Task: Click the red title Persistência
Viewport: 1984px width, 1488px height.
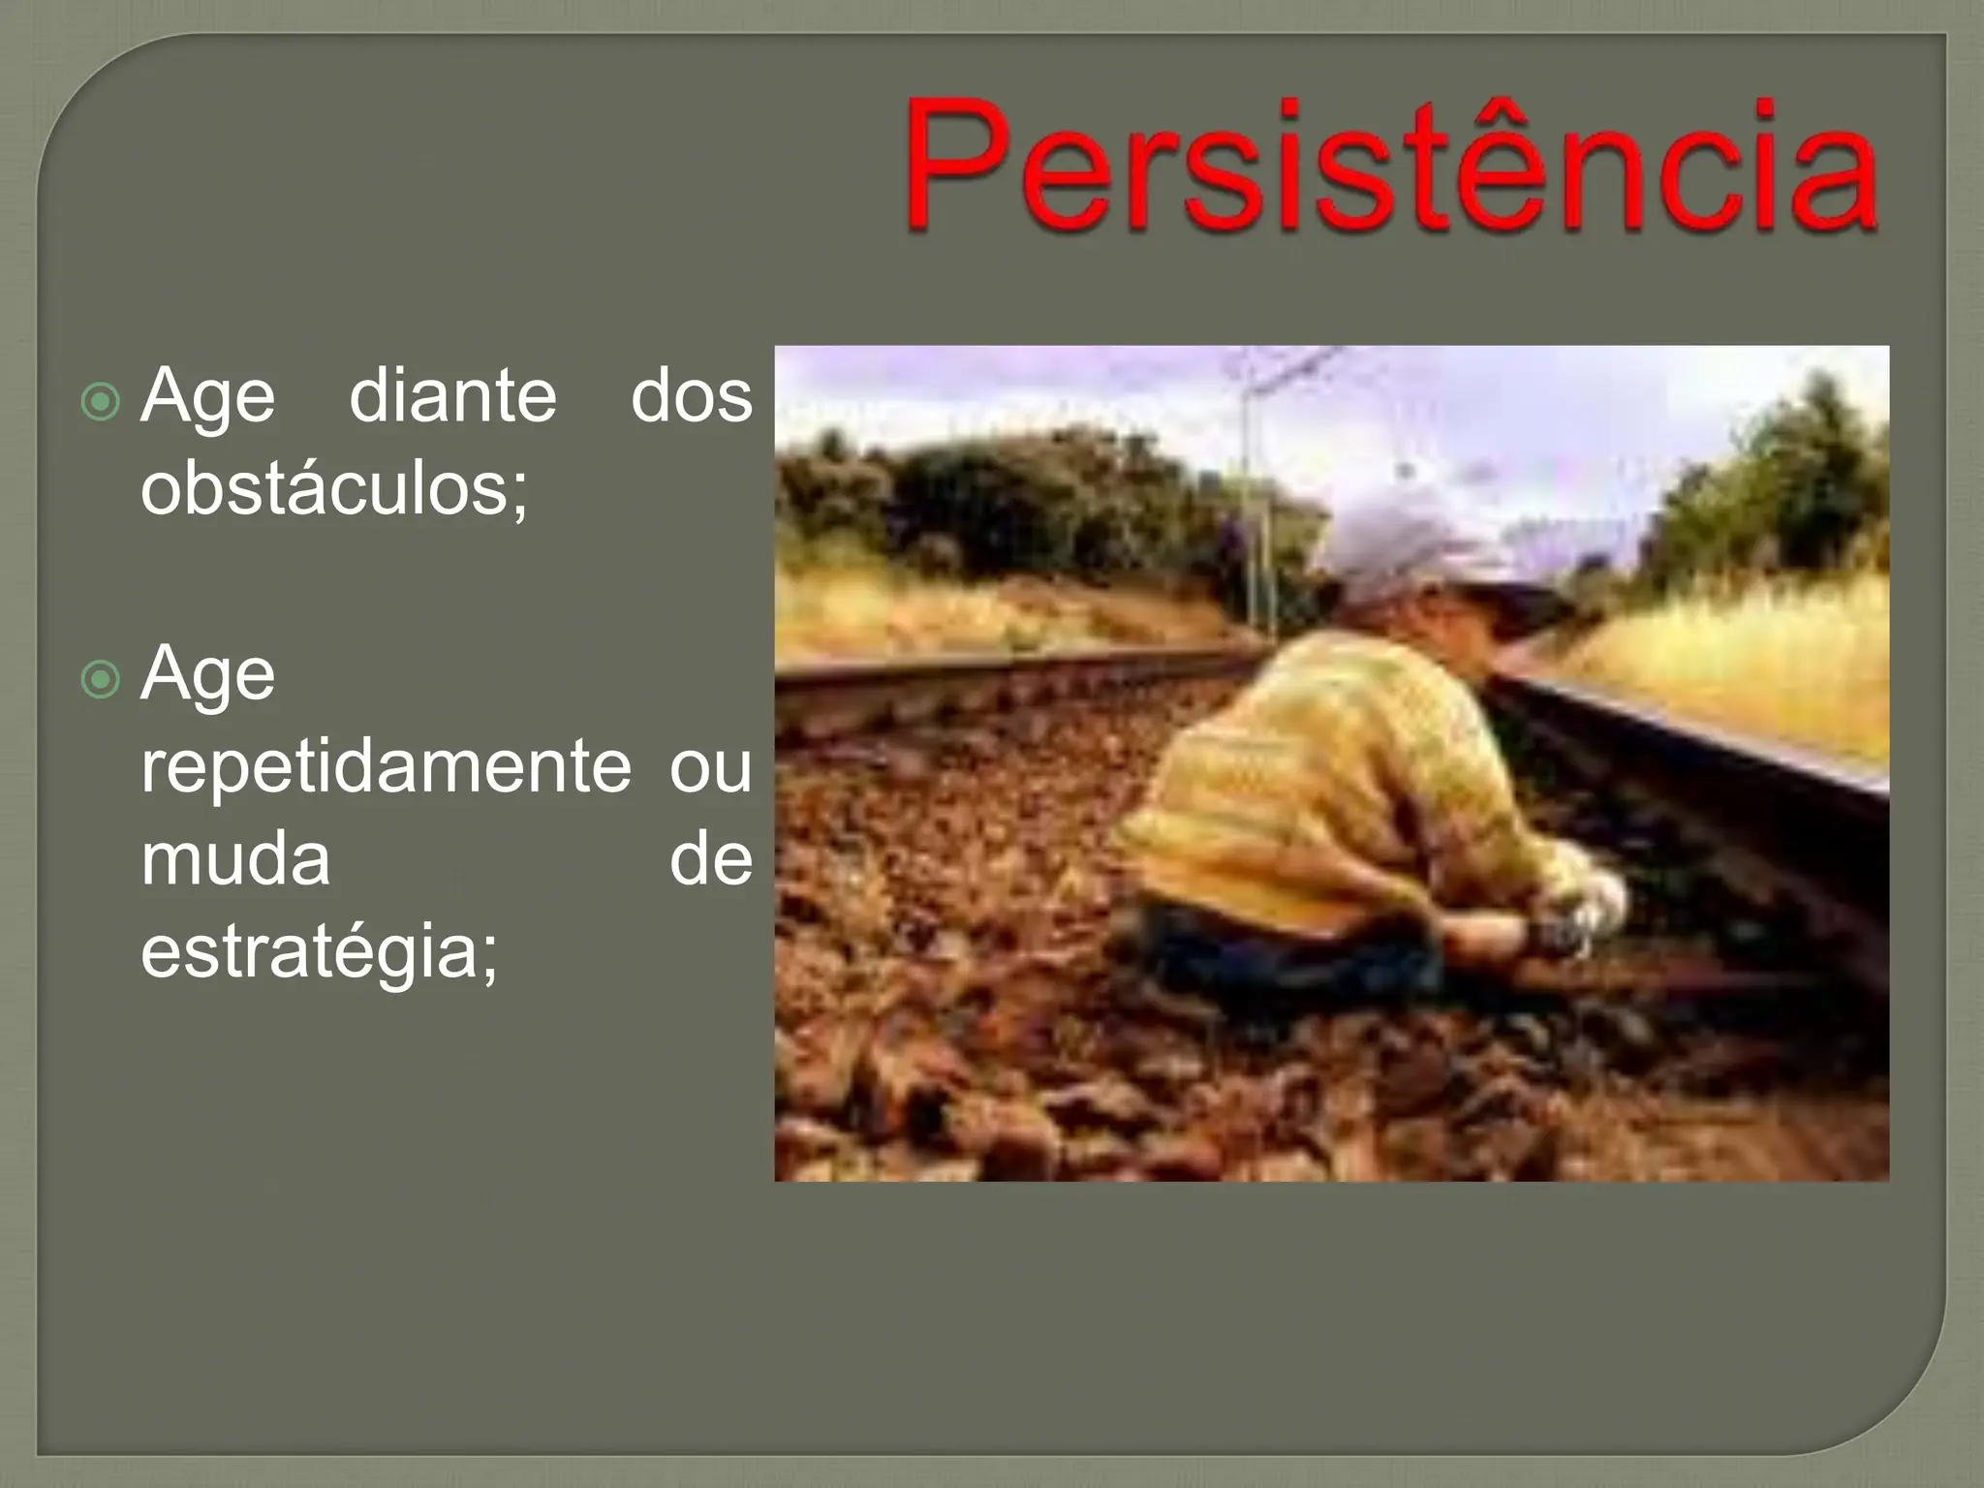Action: (1390, 167)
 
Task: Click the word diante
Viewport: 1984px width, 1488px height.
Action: (452, 396)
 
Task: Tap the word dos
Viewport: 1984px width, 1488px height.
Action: (691, 396)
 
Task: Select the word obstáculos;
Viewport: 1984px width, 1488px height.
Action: (334, 488)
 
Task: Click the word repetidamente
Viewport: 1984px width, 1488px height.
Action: (386, 766)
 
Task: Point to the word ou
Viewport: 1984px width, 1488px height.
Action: (710, 766)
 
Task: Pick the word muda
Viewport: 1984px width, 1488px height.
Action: (235, 859)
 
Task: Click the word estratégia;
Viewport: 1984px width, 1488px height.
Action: (320, 951)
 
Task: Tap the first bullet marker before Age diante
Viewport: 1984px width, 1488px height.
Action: (100, 401)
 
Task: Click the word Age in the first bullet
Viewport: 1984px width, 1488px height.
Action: (207, 396)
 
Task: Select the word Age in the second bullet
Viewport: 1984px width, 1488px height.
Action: (207, 674)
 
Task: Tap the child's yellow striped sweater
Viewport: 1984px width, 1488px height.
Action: (1327, 775)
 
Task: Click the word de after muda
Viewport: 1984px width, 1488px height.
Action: (710, 859)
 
